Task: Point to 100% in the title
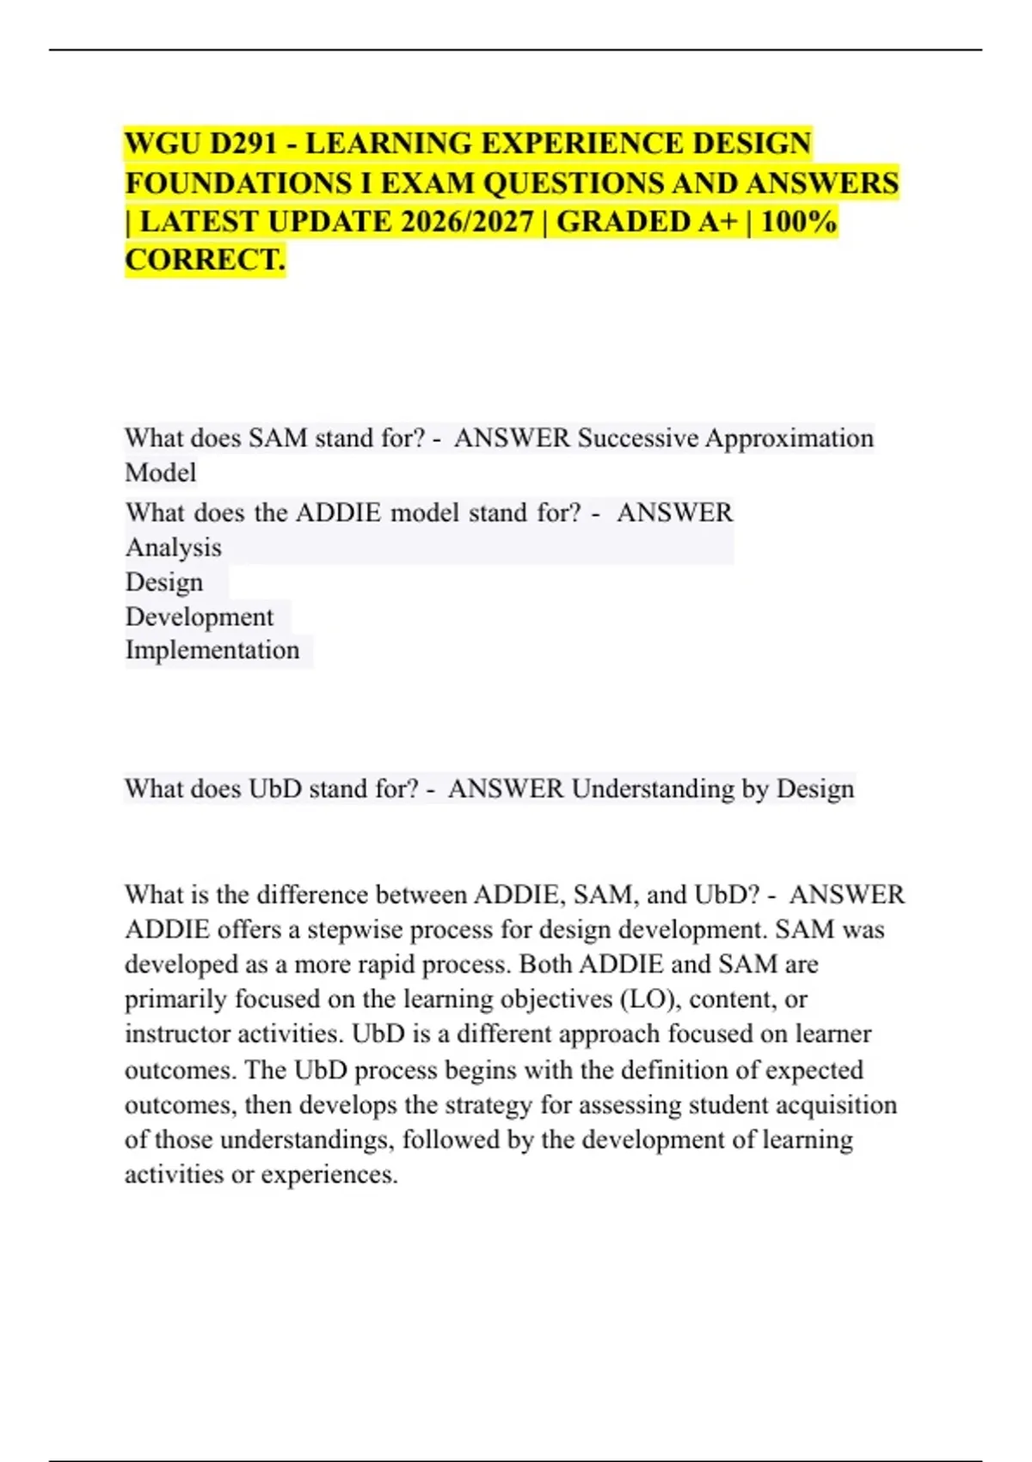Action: pyautogui.click(x=799, y=222)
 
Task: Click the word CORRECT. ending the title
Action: pyautogui.click(x=205, y=260)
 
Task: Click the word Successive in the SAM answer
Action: pyautogui.click(x=637, y=438)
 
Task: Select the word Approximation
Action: pyautogui.click(x=789, y=438)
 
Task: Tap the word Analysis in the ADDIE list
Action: pyautogui.click(x=174, y=548)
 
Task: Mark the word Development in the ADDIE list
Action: pyautogui.click(x=200, y=617)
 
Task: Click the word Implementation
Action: pyautogui.click(x=212, y=650)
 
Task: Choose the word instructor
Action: pyautogui.click(x=177, y=1034)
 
